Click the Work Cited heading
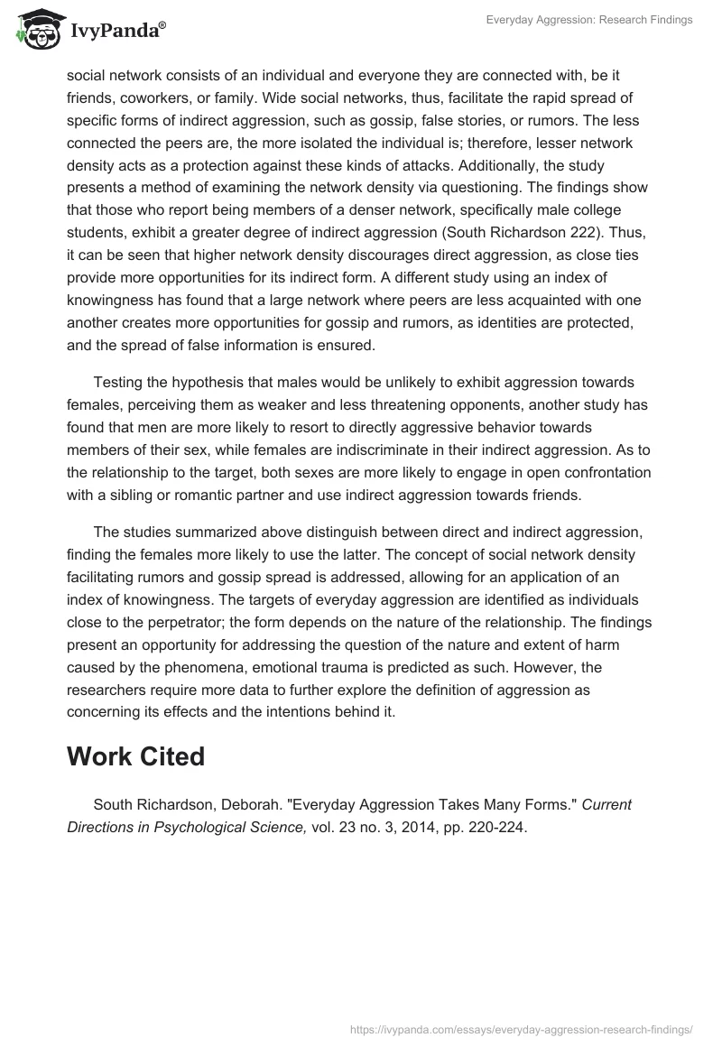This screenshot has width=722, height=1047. [135, 756]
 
